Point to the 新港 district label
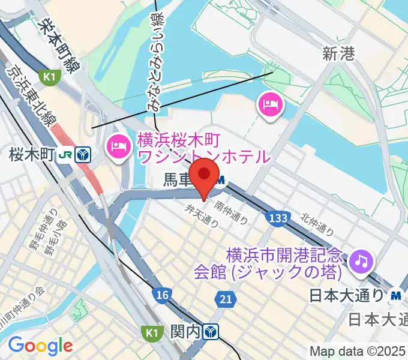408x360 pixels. coord(339,55)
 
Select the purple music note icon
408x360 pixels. coord(362,260)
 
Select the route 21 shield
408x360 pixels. coord(224,298)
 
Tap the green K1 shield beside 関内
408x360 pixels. coord(149,331)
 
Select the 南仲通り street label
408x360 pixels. coord(234,212)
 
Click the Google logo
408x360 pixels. coord(40,345)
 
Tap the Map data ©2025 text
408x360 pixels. coord(358,351)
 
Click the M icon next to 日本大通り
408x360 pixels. coord(395,295)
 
